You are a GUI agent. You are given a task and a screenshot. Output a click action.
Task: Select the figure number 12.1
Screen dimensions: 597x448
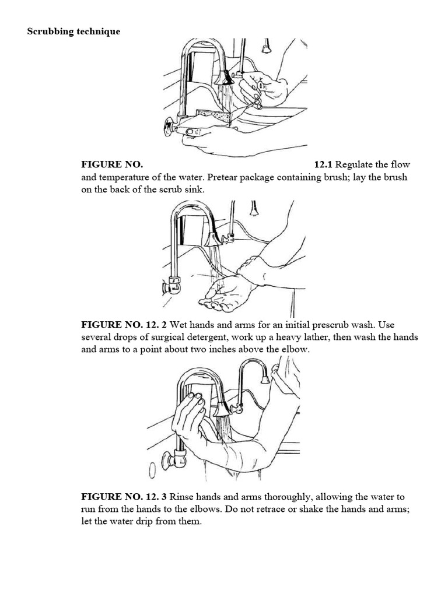323,165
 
